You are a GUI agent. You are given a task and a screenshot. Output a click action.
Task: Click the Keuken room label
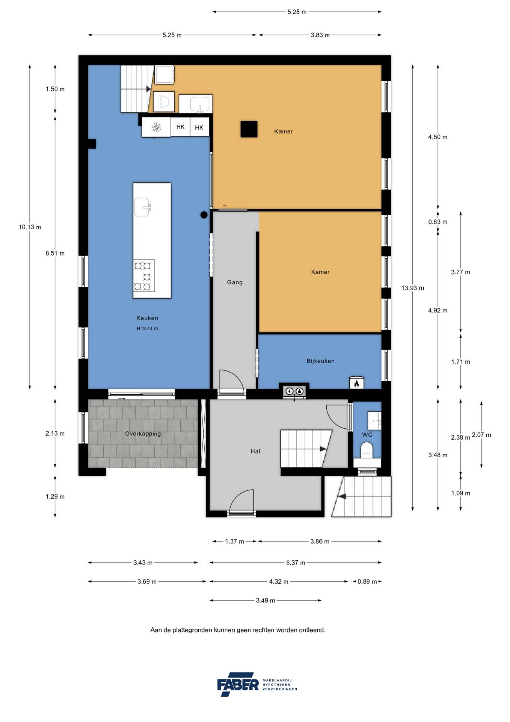(147, 318)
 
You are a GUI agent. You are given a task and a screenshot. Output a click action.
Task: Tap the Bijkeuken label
(320, 361)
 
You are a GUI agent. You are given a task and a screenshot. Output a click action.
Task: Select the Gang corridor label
(235, 282)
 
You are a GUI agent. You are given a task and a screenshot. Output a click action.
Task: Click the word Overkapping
(143, 434)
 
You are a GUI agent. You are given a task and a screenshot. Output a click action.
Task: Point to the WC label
(367, 435)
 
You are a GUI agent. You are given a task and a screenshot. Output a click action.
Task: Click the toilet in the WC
(367, 450)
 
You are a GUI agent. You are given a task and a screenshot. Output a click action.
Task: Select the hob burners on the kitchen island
(144, 276)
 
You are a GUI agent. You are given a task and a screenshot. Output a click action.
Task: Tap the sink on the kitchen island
(143, 207)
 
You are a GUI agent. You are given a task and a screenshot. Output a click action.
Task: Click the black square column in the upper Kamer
(249, 129)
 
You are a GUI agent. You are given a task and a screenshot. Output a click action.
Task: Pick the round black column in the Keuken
(204, 215)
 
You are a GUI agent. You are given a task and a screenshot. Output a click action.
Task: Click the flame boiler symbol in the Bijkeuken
(356, 383)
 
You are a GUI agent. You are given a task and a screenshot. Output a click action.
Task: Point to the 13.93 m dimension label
(412, 288)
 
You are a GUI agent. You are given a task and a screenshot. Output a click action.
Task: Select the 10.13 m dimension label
(30, 227)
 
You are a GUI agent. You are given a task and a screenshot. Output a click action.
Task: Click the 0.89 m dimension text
(367, 581)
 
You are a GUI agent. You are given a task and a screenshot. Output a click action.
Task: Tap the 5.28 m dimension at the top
(297, 12)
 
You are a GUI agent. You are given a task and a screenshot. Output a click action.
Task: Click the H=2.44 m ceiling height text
(147, 328)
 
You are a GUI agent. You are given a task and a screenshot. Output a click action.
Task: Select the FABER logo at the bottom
(238, 684)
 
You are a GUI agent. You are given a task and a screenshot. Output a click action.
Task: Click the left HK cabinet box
(180, 127)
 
